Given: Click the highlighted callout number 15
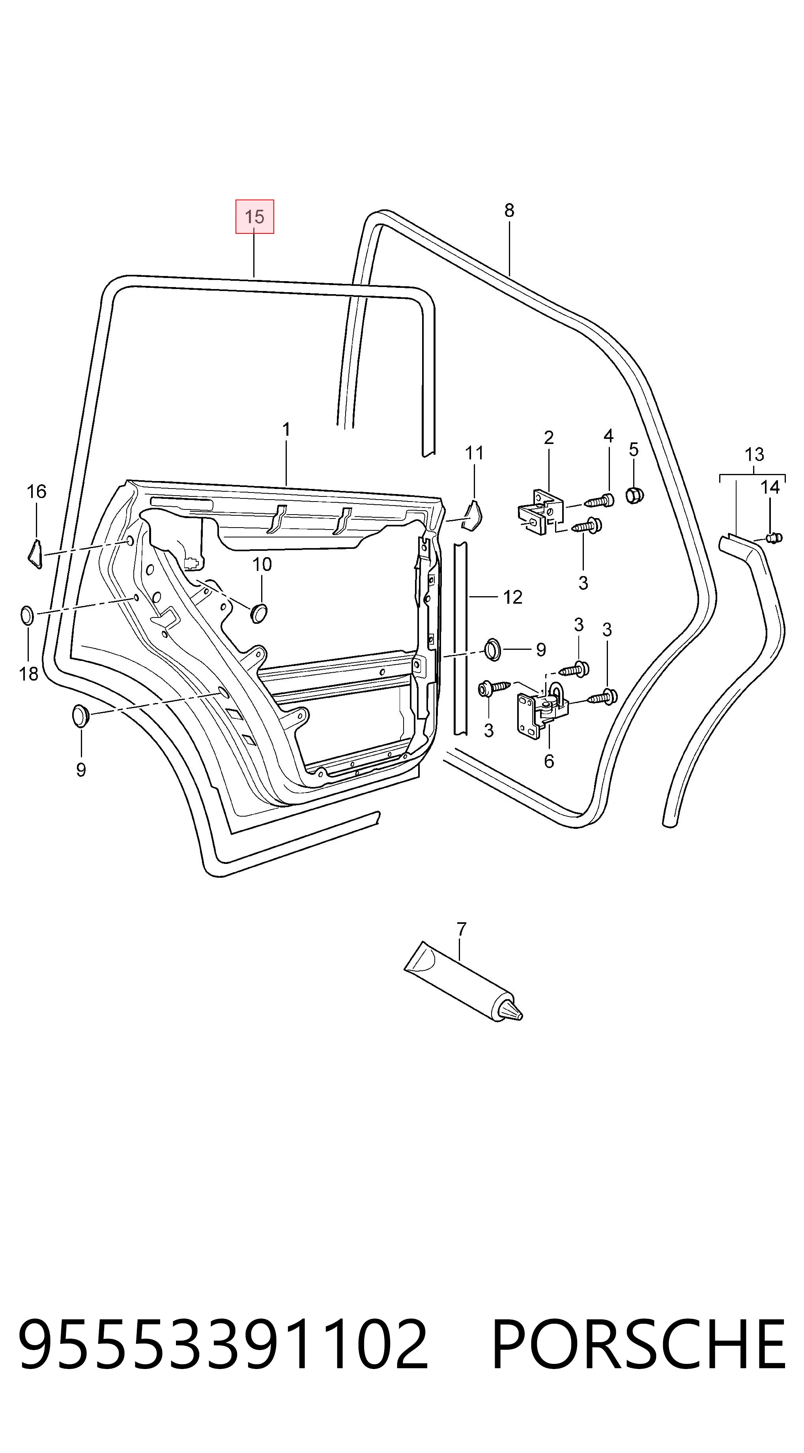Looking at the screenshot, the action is pyautogui.click(x=254, y=216).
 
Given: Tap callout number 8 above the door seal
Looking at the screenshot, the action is pyautogui.click(x=509, y=211).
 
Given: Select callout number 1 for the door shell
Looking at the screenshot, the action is pyautogui.click(x=286, y=430).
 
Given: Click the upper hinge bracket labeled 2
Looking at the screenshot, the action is pyautogui.click(x=540, y=512).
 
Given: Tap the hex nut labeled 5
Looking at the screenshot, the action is pyautogui.click(x=635, y=495).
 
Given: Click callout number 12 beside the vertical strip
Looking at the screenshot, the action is pyautogui.click(x=512, y=597).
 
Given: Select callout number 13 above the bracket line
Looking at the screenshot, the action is pyautogui.click(x=754, y=454).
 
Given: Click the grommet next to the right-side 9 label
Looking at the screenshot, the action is pyautogui.click(x=493, y=649).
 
